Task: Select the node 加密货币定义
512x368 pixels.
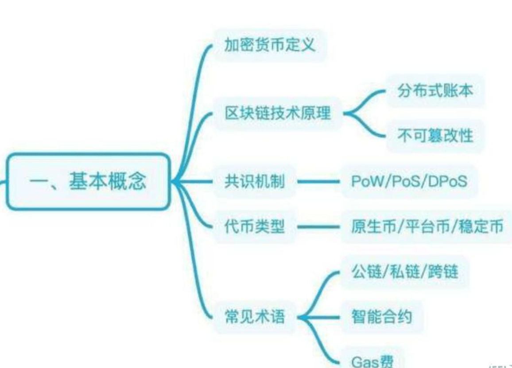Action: click(x=270, y=45)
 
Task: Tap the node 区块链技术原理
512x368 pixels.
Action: click(x=278, y=113)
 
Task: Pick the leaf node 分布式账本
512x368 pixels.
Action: click(x=435, y=90)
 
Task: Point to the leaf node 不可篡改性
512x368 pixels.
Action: click(x=435, y=135)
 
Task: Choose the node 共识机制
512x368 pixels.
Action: click(x=254, y=181)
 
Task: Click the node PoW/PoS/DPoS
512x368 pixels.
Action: click(x=409, y=181)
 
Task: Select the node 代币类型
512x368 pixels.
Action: click(x=254, y=227)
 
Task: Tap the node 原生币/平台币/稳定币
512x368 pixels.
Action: click(x=427, y=227)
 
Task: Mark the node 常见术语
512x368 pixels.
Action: click(x=254, y=317)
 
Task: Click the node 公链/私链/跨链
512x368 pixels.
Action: click(x=404, y=271)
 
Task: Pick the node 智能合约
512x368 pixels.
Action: click(x=381, y=317)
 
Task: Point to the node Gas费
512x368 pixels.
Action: click(x=372, y=361)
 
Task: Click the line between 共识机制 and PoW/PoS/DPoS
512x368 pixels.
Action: click(x=319, y=181)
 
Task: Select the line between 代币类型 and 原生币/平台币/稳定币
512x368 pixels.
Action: click(x=319, y=227)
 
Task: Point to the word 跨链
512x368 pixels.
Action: click(x=443, y=271)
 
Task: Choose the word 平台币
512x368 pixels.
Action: click(x=427, y=227)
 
